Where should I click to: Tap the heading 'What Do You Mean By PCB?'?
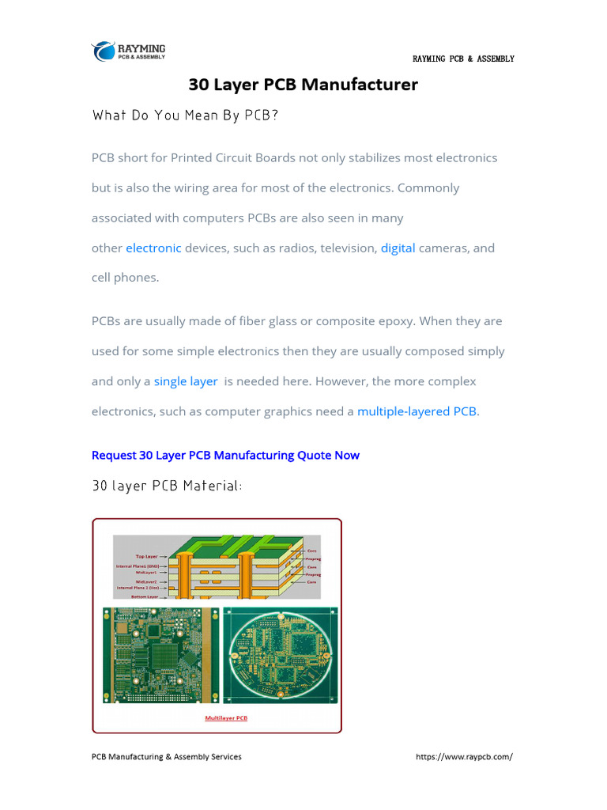(x=185, y=115)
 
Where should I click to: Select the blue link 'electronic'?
(x=153, y=248)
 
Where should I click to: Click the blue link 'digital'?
(x=398, y=248)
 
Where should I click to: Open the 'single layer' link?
(x=186, y=381)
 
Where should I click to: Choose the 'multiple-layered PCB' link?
(x=417, y=411)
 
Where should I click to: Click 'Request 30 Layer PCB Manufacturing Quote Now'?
(x=225, y=455)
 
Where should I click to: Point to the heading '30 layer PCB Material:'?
(x=167, y=486)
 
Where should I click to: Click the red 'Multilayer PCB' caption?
(x=226, y=718)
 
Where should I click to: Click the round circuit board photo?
(x=281, y=655)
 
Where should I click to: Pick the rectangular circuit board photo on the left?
(x=160, y=655)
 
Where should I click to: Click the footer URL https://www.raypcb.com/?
(x=464, y=756)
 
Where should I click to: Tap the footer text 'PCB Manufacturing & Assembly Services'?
(x=167, y=756)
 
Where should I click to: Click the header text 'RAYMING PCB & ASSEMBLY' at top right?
(x=463, y=59)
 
